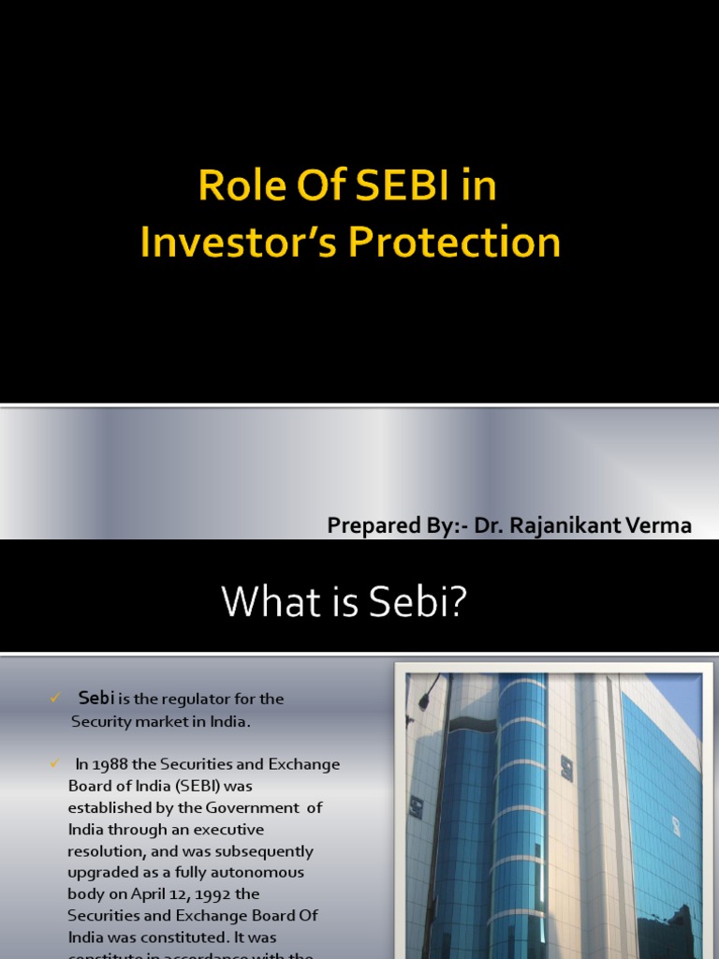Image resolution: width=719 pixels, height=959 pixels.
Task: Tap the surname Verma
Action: pos(663,526)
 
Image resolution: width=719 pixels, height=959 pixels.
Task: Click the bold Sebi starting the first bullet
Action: pos(95,698)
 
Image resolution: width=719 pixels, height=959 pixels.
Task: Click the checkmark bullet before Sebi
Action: pos(54,698)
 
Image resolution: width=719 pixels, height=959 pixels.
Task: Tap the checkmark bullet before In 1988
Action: pos(54,764)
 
